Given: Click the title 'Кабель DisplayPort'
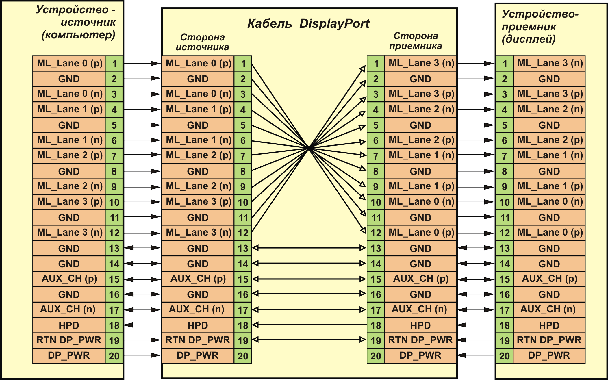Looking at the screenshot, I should click(308, 23).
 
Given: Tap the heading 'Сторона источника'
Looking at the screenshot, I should click(202, 42).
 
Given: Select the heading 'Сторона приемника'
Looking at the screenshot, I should click(416, 41).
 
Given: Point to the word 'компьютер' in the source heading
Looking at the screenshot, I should click(78, 35).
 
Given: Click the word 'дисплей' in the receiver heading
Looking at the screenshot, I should click(529, 39).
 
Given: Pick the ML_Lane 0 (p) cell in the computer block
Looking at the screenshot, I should click(69, 64).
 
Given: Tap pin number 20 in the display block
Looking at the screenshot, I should click(505, 356).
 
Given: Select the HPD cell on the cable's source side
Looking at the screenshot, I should click(198, 325).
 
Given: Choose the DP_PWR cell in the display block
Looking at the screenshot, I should click(549, 355).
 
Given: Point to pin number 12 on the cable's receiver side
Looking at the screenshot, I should click(376, 233).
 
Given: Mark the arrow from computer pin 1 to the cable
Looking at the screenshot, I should click(142, 64).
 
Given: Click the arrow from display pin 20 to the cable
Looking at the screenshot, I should click(476, 355).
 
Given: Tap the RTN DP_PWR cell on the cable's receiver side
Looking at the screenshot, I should click(420, 340).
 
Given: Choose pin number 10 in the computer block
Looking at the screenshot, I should click(114, 202).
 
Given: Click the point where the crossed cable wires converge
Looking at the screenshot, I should click(309, 148).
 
